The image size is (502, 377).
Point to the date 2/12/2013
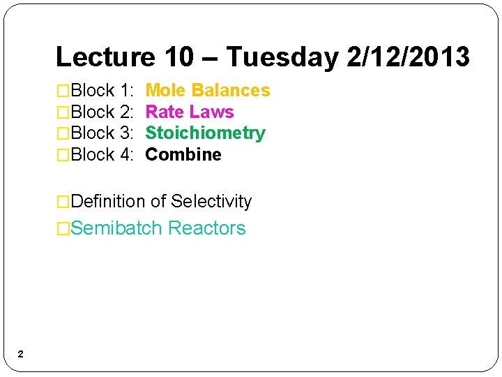click(409, 57)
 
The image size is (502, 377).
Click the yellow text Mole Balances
click(207, 91)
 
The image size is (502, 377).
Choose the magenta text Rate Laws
click(189, 112)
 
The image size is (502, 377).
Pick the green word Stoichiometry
click(205, 133)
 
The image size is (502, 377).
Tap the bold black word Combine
click(183, 154)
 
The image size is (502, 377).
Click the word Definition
click(108, 202)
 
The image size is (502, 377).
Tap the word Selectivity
click(211, 202)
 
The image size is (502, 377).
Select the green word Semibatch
click(116, 228)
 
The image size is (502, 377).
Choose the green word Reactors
click(207, 228)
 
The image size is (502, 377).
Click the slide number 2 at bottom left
click(20, 355)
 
